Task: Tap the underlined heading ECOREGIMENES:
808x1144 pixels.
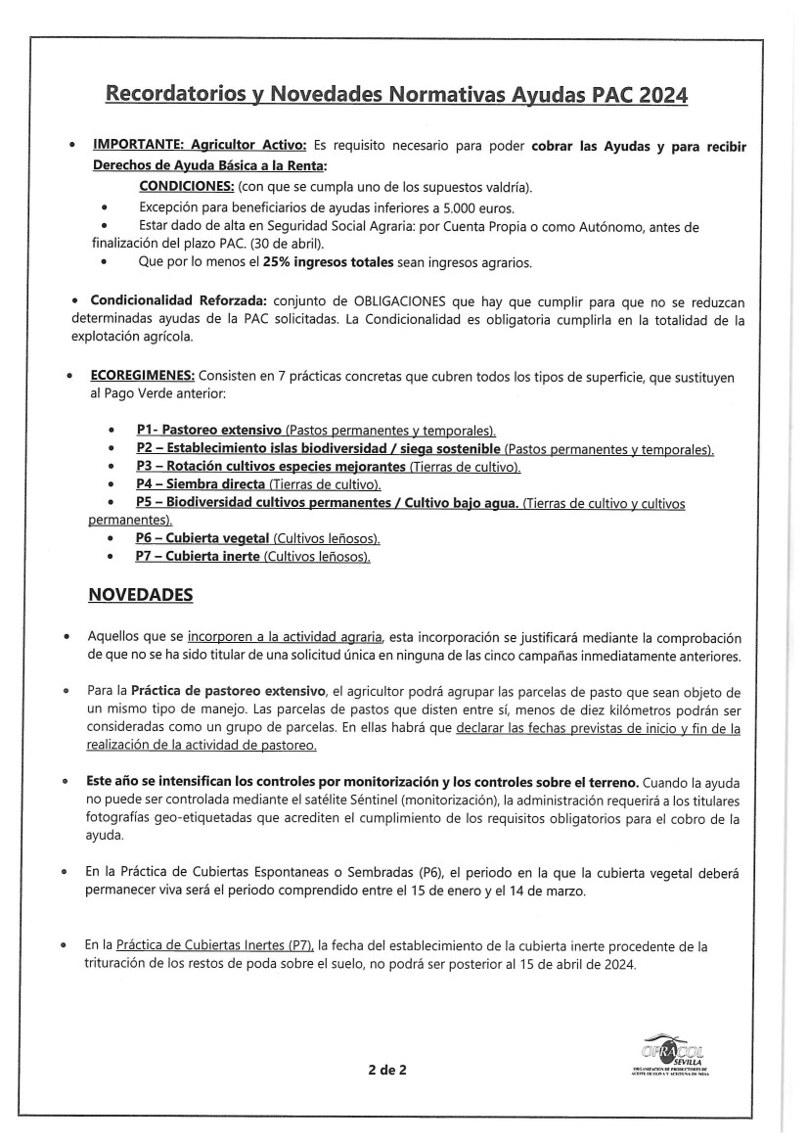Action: [x=144, y=377]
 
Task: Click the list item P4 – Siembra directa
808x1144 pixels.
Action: [x=201, y=484]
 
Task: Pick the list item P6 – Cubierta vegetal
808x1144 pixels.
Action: [x=203, y=539]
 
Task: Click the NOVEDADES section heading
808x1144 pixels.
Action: [x=141, y=595]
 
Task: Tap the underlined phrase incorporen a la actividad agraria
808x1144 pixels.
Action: [x=285, y=635]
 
